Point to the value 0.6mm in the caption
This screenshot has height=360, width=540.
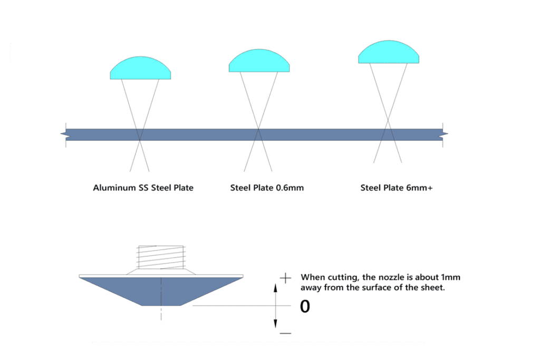tap(290, 188)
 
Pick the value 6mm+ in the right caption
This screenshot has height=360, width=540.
tap(419, 188)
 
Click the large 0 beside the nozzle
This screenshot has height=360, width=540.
tap(305, 306)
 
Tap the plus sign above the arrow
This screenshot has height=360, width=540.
tap(286, 277)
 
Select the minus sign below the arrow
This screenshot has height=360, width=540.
tap(285, 333)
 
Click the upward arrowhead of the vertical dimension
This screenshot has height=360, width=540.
tap(275, 287)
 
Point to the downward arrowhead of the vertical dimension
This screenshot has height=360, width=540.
tap(275, 323)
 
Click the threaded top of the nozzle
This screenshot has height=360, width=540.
tap(161, 258)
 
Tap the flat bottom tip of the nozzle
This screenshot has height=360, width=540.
tap(161, 304)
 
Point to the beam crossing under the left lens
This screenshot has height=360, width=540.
tap(140, 139)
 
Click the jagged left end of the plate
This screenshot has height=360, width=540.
tap(63, 134)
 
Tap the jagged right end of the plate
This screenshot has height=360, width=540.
tap(445, 134)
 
